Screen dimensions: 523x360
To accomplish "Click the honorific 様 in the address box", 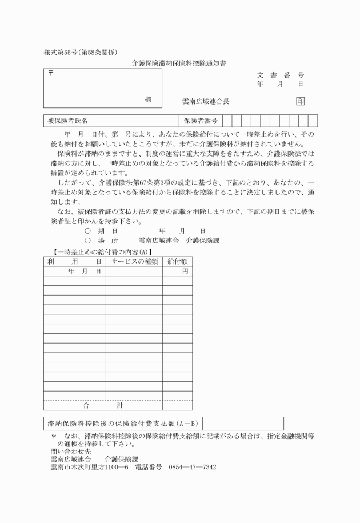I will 148,99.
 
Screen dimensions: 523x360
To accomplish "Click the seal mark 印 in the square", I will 300,101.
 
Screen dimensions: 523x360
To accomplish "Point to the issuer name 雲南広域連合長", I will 206,101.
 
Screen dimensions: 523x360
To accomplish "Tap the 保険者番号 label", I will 201,121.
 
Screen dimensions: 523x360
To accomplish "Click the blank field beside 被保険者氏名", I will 136,121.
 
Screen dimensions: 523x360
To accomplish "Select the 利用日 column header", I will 74,261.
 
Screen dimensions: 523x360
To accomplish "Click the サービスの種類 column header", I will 134,261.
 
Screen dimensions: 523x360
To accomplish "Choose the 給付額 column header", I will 177,261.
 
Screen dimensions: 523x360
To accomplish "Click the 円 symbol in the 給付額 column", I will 185,271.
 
